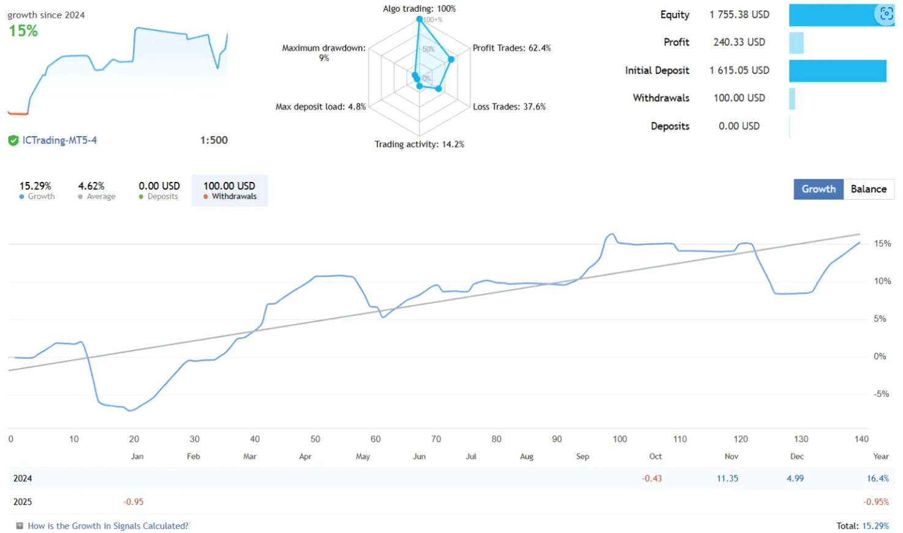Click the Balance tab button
(868, 189)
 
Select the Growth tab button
(818, 189)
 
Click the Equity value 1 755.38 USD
(739, 15)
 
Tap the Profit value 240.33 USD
(739, 42)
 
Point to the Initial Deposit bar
(837, 70)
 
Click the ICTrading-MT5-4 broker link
(59, 140)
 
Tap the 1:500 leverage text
(214, 140)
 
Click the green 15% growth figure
(23, 31)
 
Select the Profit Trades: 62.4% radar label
(512, 48)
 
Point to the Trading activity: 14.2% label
(419, 145)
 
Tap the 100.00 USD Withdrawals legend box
(230, 190)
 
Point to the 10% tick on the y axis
(882, 281)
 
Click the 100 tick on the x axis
(619, 439)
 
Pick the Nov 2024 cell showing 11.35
(727, 478)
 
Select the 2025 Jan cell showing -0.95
(134, 502)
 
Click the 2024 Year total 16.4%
(877, 478)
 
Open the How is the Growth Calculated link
(108, 526)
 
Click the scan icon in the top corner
(886, 13)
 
